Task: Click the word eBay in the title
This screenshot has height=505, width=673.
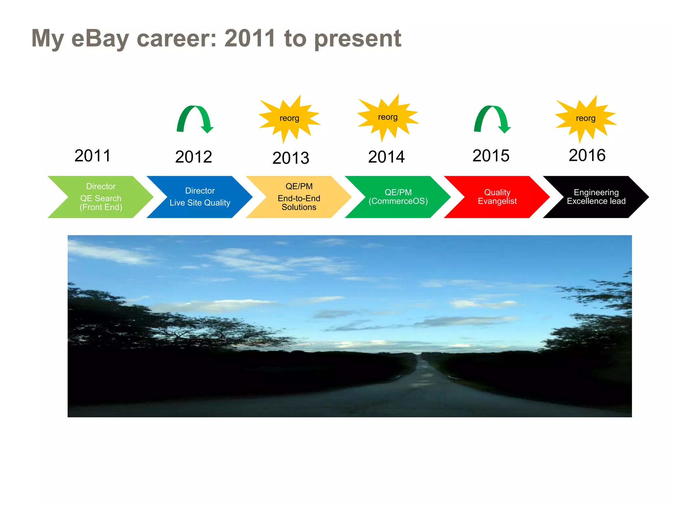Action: pyautogui.click(x=100, y=38)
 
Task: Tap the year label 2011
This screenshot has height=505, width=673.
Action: pyautogui.click(x=92, y=156)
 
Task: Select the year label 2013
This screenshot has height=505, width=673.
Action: pyautogui.click(x=290, y=158)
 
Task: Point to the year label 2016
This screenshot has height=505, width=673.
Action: pyautogui.click(x=587, y=155)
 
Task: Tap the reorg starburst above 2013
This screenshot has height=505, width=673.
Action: pyautogui.click(x=289, y=118)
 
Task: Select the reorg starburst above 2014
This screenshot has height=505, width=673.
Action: pyautogui.click(x=388, y=117)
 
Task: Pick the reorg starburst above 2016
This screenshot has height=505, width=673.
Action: pyautogui.click(x=586, y=118)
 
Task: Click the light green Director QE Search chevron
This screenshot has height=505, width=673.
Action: pyautogui.click(x=101, y=197)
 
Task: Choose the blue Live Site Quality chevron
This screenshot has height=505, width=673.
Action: pyautogui.click(x=200, y=197)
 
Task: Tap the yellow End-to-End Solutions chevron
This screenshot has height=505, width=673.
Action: pyautogui.click(x=299, y=197)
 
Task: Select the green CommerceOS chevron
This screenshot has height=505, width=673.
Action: pyautogui.click(x=398, y=197)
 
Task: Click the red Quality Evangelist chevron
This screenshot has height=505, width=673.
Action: pyautogui.click(x=497, y=197)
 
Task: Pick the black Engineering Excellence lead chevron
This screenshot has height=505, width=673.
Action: pyautogui.click(x=596, y=197)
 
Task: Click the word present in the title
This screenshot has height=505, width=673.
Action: pyautogui.click(x=358, y=38)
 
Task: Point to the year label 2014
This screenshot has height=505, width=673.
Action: pyautogui.click(x=386, y=156)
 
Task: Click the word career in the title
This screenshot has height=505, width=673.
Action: pyautogui.click(x=177, y=38)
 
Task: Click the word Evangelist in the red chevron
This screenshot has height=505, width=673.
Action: pyautogui.click(x=497, y=201)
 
